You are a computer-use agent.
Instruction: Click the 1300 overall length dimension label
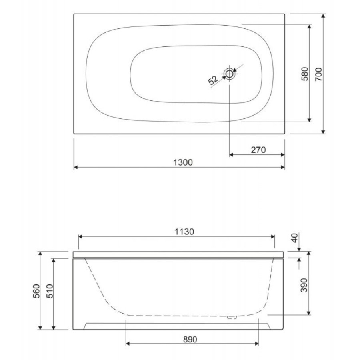click(183, 162)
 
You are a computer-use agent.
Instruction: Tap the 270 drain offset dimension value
click(258, 150)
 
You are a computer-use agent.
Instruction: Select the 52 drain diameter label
click(213, 80)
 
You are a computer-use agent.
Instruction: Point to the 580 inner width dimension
click(304, 74)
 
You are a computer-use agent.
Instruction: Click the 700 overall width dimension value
click(318, 74)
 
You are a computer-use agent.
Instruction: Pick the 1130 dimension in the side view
click(184, 232)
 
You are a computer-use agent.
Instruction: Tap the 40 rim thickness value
click(294, 238)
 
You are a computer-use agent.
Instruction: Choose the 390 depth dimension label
click(304, 285)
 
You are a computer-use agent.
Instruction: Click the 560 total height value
click(36, 291)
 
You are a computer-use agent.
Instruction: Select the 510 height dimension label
click(50, 291)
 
